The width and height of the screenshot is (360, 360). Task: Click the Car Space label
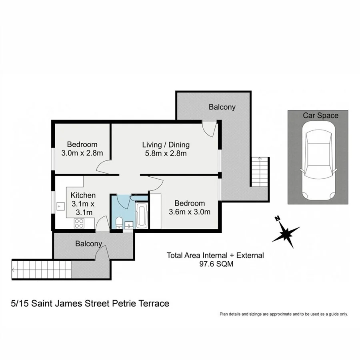pyautogui.click(x=320, y=116)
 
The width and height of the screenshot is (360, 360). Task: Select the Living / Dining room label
pyautogui.click(x=166, y=145)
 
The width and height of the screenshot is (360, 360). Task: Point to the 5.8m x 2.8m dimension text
pyautogui.click(x=166, y=153)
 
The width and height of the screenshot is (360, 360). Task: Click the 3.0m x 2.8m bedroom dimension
pyautogui.click(x=82, y=153)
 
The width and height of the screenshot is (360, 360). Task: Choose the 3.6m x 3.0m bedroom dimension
pyautogui.click(x=189, y=212)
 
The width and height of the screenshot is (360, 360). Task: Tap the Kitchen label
pyautogui.click(x=83, y=196)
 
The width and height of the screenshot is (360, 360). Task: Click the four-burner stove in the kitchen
pyautogui.click(x=79, y=224)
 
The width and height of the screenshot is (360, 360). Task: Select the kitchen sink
pyautogui.click(x=61, y=207)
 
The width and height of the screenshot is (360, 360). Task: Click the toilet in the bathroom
pyautogui.click(x=119, y=223)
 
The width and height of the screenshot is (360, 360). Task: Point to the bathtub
pyautogui.click(x=142, y=216)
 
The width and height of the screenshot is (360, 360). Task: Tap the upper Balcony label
pyautogui.click(x=222, y=107)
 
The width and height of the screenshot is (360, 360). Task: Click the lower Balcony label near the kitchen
pyautogui.click(x=88, y=244)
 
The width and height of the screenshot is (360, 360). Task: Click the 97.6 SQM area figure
pyautogui.click(x=215, y=264)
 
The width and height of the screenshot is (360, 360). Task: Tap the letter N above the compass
pyautogui.click(x=276, y=218)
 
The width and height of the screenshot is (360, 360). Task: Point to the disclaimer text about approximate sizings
pyautogui.click(x=284, y=314)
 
